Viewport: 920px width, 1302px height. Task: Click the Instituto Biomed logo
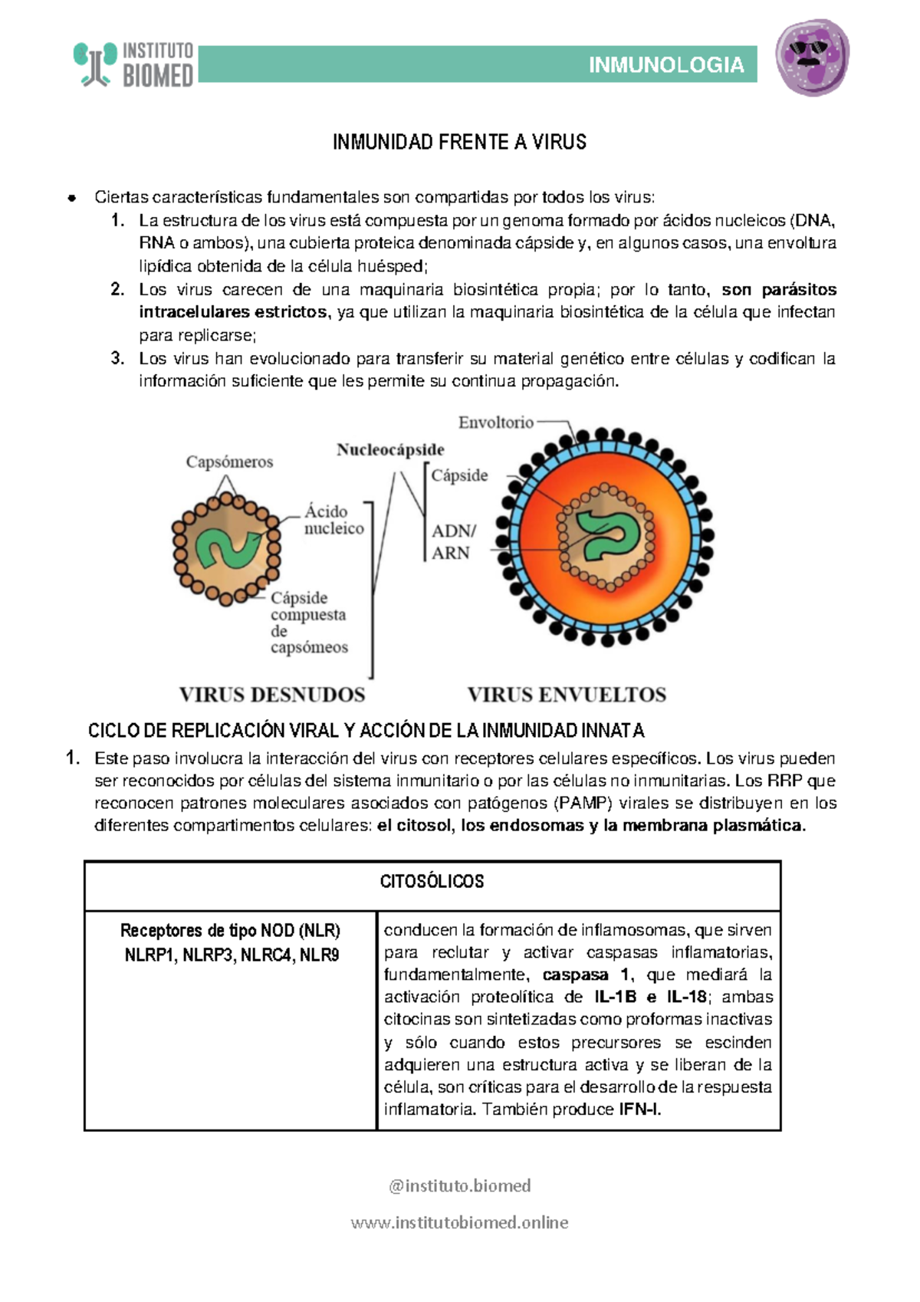134,64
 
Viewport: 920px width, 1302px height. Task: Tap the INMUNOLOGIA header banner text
665,65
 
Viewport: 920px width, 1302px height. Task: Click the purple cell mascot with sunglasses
812,58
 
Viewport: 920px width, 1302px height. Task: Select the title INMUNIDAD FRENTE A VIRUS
459,142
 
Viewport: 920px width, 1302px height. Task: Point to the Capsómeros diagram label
229,462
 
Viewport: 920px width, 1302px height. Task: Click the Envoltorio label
495,422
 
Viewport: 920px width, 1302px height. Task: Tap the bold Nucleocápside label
390,450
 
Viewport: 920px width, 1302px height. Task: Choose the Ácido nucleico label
333,520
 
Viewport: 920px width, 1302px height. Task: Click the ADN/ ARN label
452,541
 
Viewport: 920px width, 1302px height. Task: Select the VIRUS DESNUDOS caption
271,695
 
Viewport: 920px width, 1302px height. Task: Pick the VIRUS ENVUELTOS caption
567,695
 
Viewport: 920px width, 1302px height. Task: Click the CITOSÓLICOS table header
432,882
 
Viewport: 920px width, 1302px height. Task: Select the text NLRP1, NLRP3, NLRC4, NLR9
232,955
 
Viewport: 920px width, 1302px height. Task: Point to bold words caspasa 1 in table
586,975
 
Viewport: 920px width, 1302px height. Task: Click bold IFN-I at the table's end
639,1110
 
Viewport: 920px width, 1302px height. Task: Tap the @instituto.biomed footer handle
459,1185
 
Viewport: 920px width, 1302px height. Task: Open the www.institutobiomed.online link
459,1222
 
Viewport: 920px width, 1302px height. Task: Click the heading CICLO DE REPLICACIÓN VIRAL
366,731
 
